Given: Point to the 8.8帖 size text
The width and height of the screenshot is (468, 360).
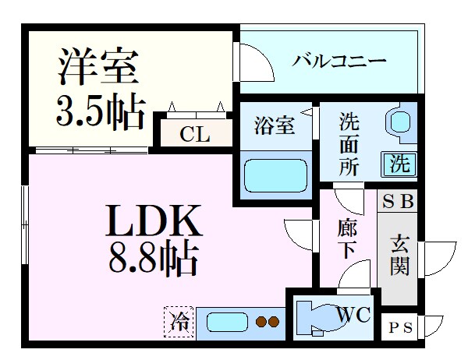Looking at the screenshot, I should click(x=153, y=259).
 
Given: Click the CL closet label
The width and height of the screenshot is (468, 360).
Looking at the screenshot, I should click(x=195, y=134).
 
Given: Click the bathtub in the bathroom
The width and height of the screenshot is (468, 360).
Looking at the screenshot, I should click(x=274, y=175).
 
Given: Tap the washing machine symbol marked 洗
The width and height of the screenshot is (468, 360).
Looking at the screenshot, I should click(x=399, y=164).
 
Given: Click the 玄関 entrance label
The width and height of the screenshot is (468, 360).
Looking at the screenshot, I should click(x=399, y=256).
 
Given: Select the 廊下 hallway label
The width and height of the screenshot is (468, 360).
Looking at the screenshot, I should click(x=347, y=239).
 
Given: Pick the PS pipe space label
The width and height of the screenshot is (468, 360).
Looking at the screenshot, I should click(x=402, y=326).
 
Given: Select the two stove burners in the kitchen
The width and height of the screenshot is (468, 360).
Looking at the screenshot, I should click(x=268, y=322).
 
